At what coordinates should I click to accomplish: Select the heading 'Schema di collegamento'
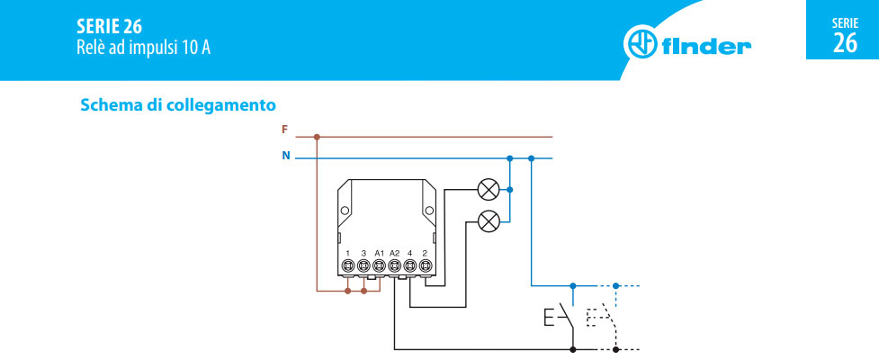[177, 105]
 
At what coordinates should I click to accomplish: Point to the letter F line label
[285, 130]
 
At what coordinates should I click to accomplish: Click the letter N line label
[286, 156]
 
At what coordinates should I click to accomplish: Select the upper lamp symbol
[489, 190]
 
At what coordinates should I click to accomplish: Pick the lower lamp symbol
[489, 220]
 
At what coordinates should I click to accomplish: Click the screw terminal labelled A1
[379, 266]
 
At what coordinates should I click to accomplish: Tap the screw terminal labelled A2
[394, 266]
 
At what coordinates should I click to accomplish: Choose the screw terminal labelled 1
[348, 266]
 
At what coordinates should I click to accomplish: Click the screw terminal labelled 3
[363, 266]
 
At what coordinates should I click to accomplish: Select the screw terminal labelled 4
[409, 266]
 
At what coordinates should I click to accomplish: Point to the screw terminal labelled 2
[425, 266]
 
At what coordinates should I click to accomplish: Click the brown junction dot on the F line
[316, 138]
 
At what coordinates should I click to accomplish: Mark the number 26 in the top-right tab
[845, 43]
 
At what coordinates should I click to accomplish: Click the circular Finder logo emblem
[640, 44]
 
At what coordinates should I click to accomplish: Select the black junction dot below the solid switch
[573, 348]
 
